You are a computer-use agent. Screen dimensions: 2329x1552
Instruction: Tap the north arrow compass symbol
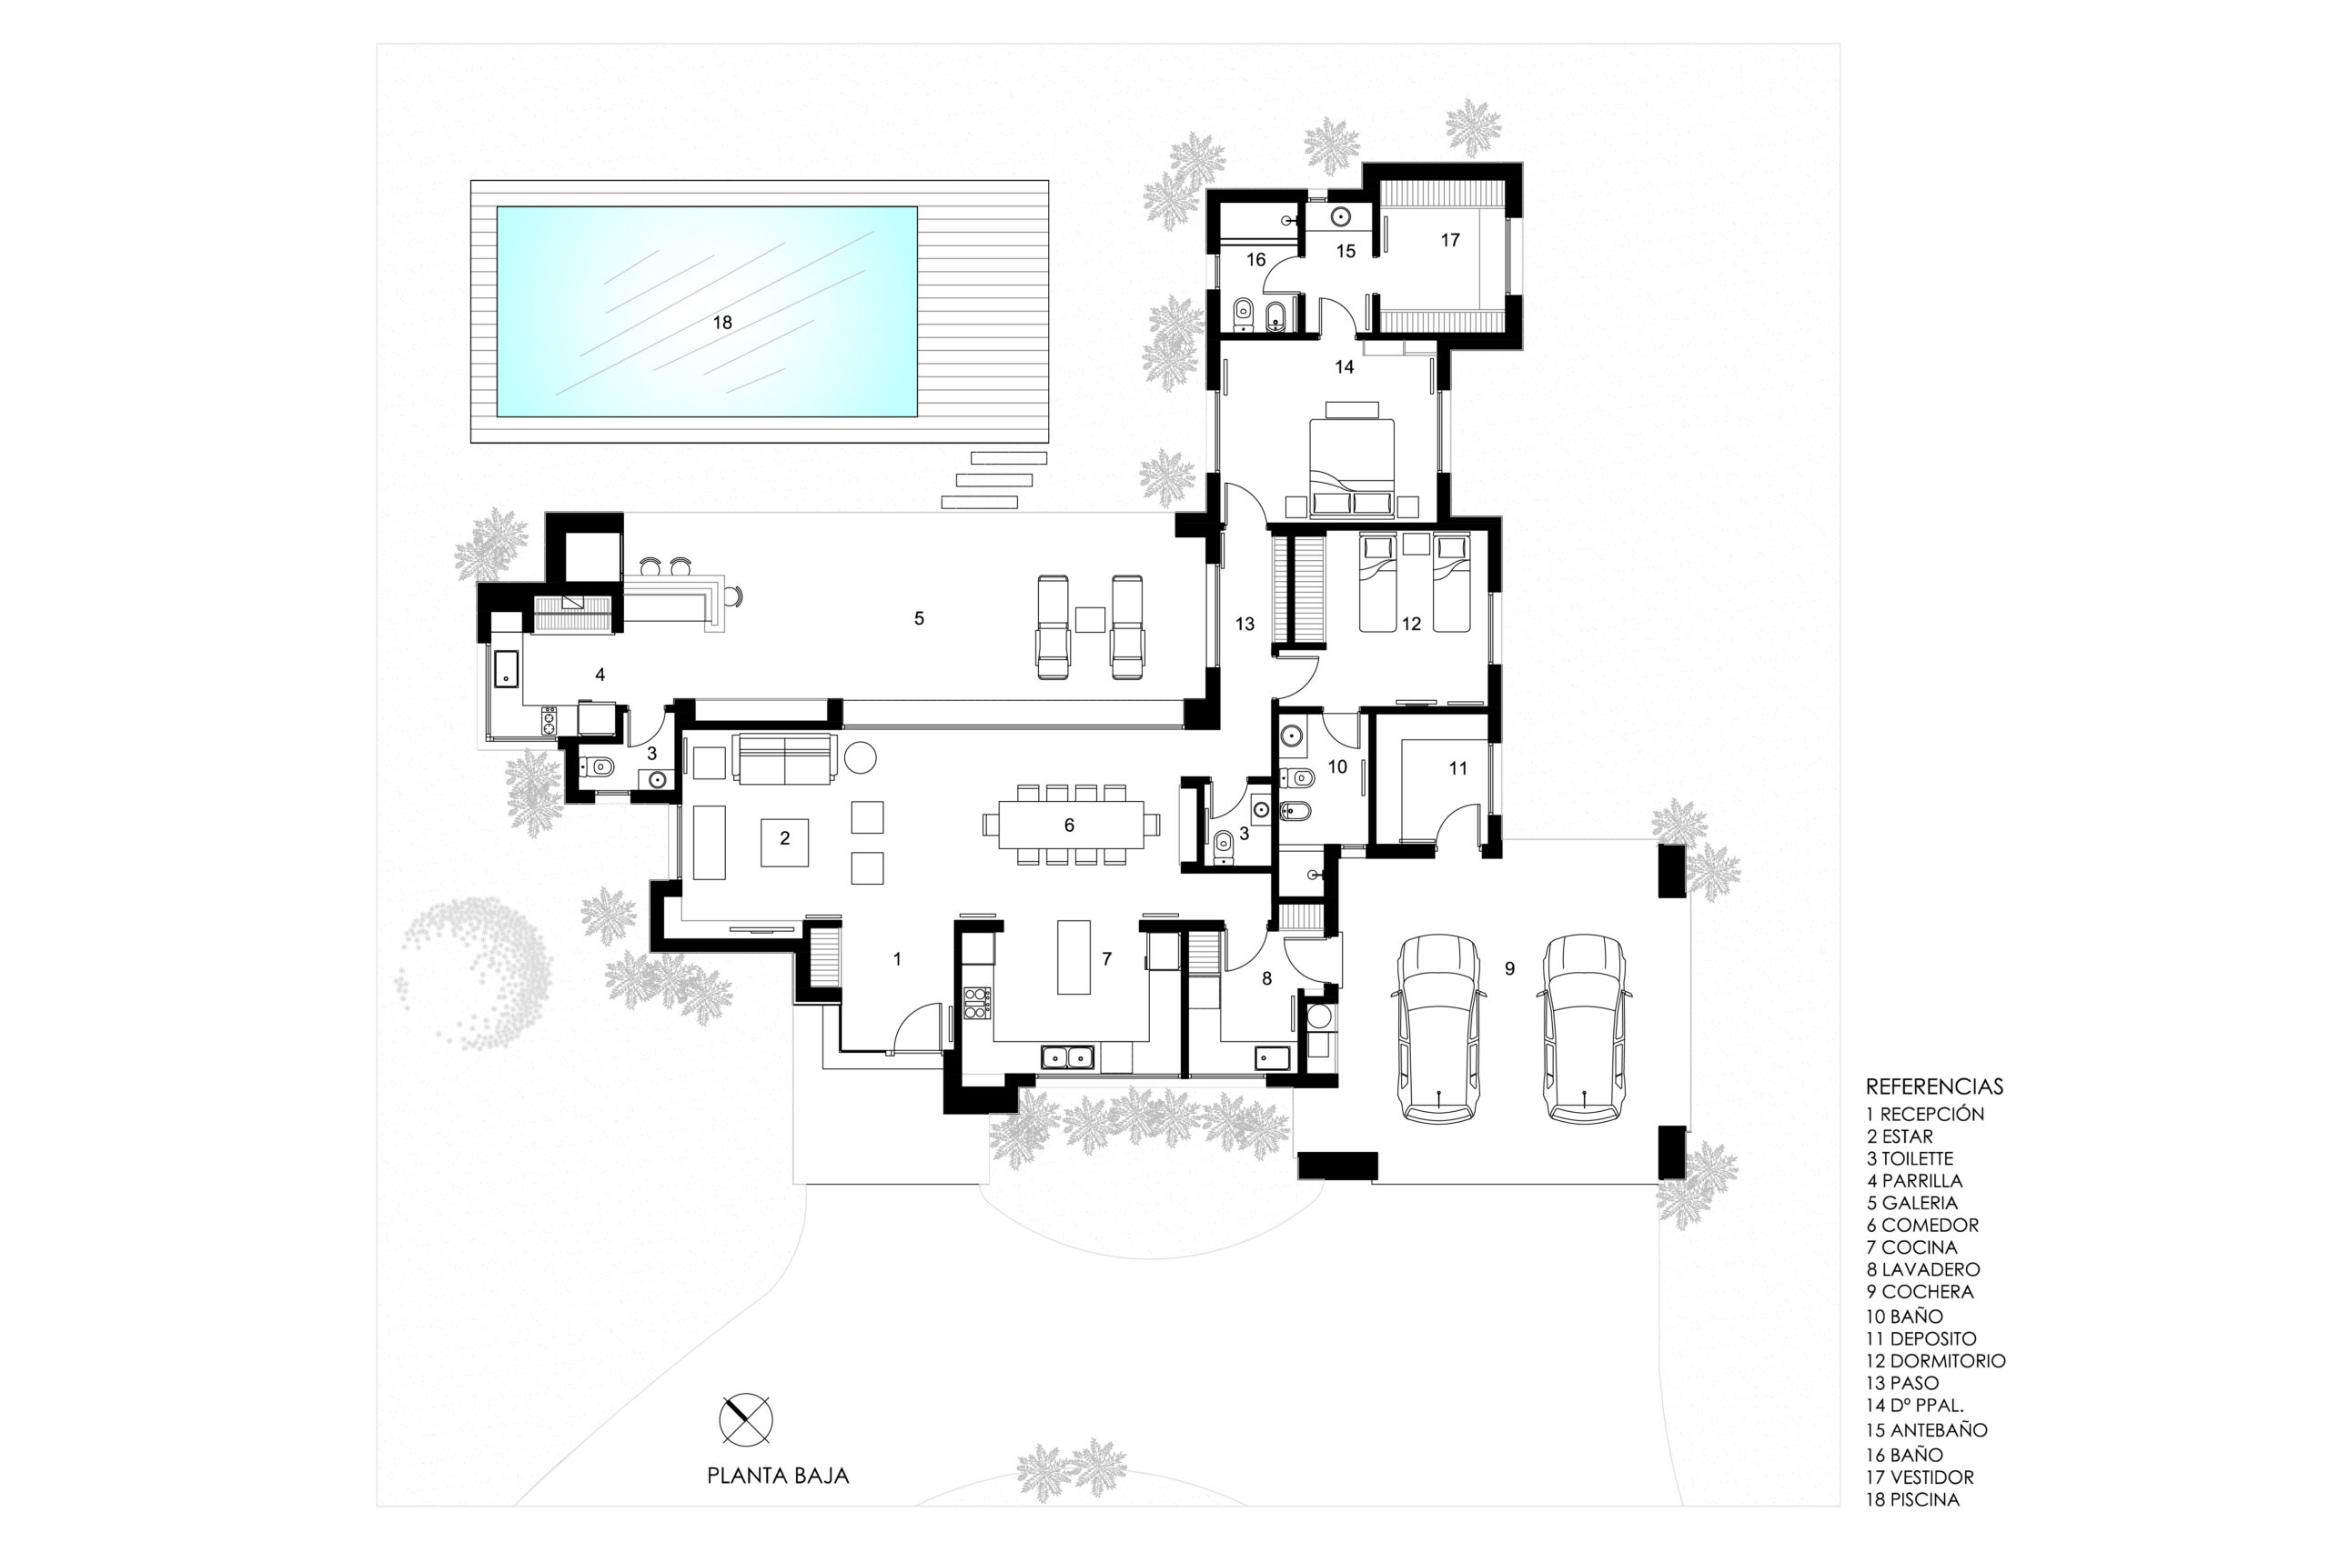(x=746, y=1419)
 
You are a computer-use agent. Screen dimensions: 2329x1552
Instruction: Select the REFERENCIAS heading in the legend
(x=1934, y=1086)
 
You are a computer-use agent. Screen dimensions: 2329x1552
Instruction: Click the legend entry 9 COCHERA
(x=1920, y=1292)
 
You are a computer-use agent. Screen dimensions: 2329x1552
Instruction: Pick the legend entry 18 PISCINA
(x=1913, y=1499)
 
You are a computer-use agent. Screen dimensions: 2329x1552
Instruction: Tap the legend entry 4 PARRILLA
(x=1914, y=1181)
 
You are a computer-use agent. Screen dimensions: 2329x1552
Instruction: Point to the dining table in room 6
(x=1071, y=824)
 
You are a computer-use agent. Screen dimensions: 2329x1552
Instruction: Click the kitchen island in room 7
(x=1074, y=956)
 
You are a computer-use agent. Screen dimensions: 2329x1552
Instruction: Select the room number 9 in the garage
(x=1509, y=969)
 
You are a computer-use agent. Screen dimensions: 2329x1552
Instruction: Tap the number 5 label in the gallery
(x=919, y=618)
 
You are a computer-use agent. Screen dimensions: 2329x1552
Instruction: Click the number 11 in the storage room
(x=1457, y=767)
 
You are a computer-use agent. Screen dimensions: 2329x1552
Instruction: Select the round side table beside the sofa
(x=860, y=757)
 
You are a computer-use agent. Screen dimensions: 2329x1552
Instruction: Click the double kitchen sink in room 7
(x=1066, y=1057)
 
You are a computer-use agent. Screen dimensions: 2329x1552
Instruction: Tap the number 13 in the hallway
(x=1245, y=624)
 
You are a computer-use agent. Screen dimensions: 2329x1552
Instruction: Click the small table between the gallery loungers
(x=1090, y=618)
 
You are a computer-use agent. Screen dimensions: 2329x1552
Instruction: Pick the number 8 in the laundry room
(x=1266, y=979)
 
